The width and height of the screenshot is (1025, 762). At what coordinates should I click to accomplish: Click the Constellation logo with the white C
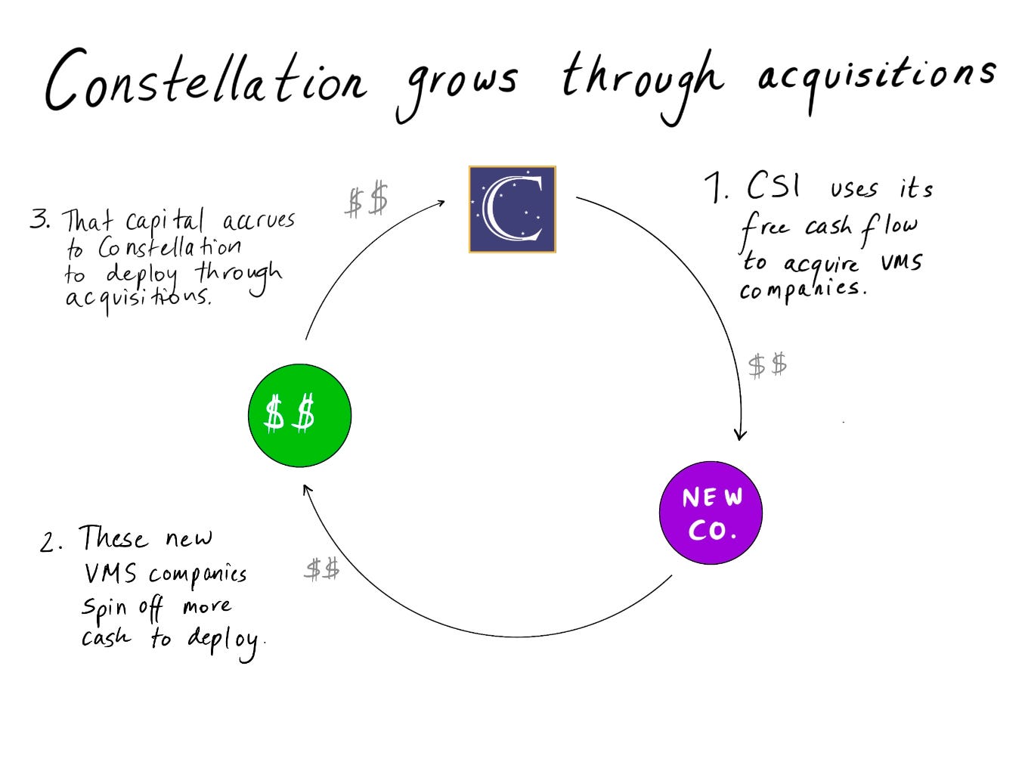[512, 209]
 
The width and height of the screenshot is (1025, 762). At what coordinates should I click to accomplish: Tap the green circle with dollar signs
[299, 416]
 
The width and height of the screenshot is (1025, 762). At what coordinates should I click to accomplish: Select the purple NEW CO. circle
[711, 513]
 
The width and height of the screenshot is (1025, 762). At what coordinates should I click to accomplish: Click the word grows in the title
[457, 83]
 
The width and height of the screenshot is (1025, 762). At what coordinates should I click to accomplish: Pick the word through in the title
[643, 79]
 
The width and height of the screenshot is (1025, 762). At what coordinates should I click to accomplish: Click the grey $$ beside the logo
[367, 201]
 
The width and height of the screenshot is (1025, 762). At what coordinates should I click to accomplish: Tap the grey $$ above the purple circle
[767, 365]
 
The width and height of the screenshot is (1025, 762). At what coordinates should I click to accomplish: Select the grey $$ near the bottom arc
[322, 568]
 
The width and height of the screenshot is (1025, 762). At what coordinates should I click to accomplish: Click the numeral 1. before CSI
[715, 187]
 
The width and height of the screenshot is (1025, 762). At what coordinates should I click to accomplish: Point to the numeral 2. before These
[51, 542]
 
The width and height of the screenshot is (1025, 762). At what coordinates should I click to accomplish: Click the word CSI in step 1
[773, 184]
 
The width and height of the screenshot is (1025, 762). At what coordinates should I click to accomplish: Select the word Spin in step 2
[100, 607]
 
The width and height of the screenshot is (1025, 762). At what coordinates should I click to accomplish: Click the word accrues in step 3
[259, 221]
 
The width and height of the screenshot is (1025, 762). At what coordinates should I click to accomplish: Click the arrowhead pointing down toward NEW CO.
[741, 435]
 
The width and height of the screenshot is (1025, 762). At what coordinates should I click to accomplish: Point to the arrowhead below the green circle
[306, 489]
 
